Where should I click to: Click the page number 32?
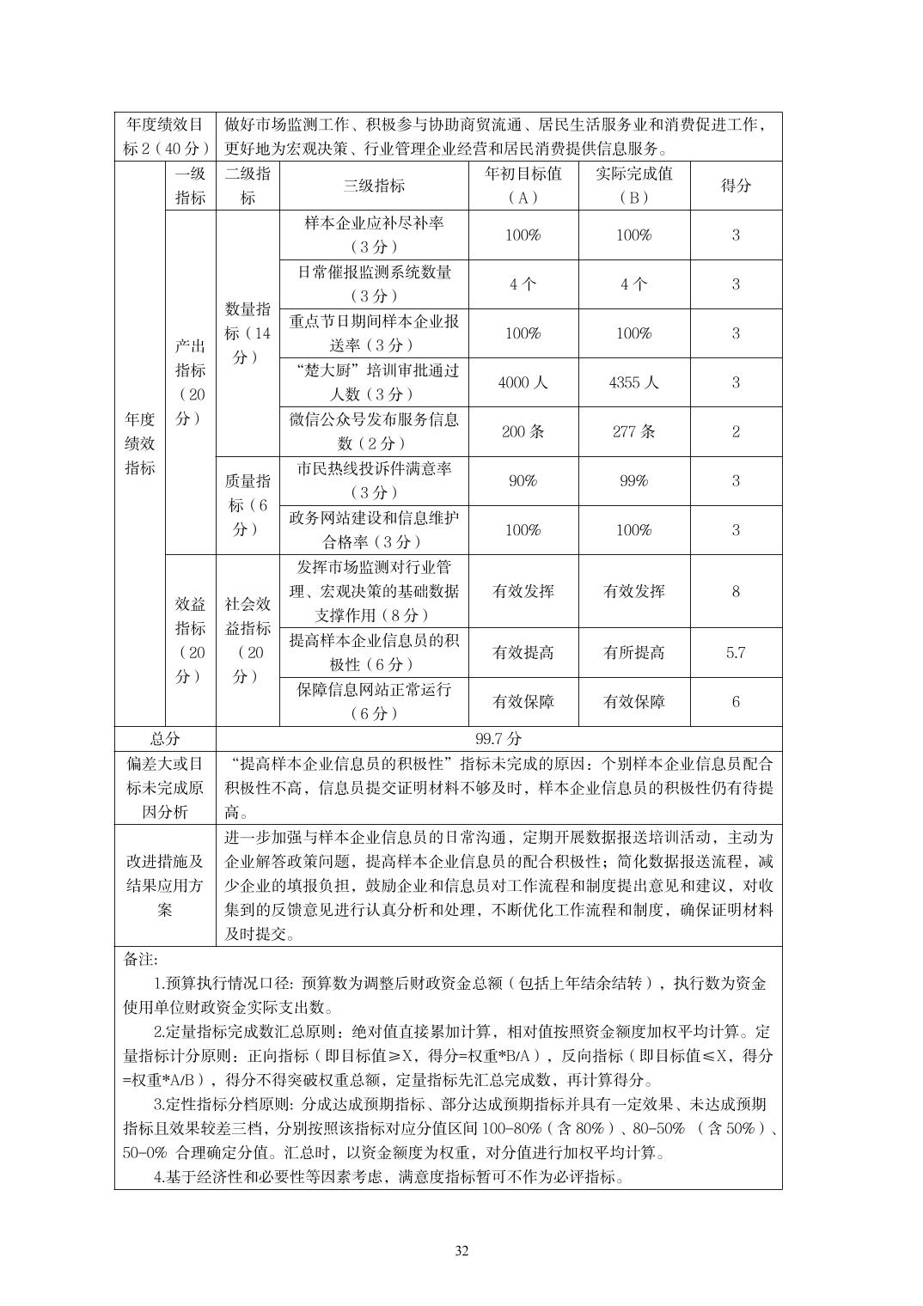(461, 1250)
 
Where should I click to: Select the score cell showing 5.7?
(735, 652)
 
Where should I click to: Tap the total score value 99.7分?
(498, 738)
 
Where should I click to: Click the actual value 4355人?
(633, 382)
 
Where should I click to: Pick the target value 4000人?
(523, 382)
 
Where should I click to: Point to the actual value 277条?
(633, 431)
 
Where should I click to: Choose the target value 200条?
(523, 431)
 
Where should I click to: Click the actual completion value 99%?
(633, 480)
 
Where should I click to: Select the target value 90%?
(523, 480)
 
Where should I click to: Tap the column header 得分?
(735, 185)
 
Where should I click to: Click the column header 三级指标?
(374, 185)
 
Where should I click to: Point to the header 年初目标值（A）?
(523, 185)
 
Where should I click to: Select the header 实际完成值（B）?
(633, 185)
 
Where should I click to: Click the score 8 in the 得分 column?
(735, 591)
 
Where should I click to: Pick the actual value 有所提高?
(633, 652)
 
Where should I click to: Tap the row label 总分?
(165, 738)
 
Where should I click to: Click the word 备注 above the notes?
(141, 959)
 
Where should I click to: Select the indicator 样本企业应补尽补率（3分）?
(374, 235)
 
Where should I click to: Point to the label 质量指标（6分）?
(248, 504)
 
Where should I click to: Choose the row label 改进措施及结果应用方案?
(165, 885)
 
